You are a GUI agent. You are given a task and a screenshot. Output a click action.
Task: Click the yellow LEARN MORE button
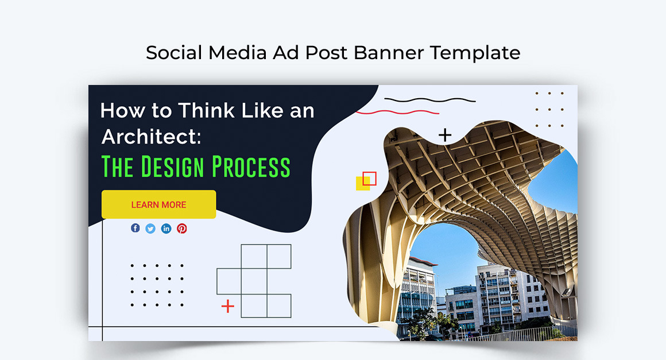pos(158,204)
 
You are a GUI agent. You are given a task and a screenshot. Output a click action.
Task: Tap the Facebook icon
pos(135,228)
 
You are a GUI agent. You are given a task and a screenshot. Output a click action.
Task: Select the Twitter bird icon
pos(150,229)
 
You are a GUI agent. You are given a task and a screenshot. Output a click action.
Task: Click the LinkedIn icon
pos(166,229)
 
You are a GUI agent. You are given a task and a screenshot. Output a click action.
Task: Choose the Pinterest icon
pos(182,229)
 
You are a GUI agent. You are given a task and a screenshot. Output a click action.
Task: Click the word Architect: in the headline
pos(151,137)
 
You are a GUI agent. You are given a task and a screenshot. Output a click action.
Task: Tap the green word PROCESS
pos(251,167)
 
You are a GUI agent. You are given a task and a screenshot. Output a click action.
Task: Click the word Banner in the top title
pos(389,53)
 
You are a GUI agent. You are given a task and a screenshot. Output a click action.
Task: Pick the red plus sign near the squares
pos(228,306)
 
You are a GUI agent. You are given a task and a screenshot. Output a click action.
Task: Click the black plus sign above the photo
pos(445,136)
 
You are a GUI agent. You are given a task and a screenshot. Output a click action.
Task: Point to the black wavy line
pos(430,100)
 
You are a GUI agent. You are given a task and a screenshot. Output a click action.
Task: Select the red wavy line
pos(397,112)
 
